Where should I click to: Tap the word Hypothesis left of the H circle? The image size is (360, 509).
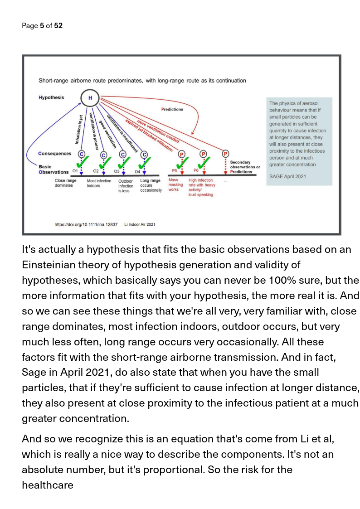click(x=51, y=97)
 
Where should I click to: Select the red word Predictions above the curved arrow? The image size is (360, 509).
click(x=172, y=109)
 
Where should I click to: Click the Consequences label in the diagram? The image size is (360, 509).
click(x=55, y=154)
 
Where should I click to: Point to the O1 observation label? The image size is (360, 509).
click(x=76, y=171)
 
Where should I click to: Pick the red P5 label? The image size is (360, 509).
click(x=175, y=170)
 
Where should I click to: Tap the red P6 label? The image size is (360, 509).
click(x=196, y=170)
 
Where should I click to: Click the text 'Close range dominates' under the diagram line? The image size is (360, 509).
click(x=65, y=183)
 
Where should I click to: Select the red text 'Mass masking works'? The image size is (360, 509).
click(x=175, y=185)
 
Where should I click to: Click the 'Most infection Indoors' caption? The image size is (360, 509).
click(x=99, y=183)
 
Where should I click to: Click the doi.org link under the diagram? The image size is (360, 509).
click(x=86, y=224)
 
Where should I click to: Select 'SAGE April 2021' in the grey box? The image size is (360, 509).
click(x=287, y=175)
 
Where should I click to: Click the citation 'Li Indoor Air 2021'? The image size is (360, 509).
click(x=140, y=224)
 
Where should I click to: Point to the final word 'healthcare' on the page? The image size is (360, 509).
click(x=48, y=485)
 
